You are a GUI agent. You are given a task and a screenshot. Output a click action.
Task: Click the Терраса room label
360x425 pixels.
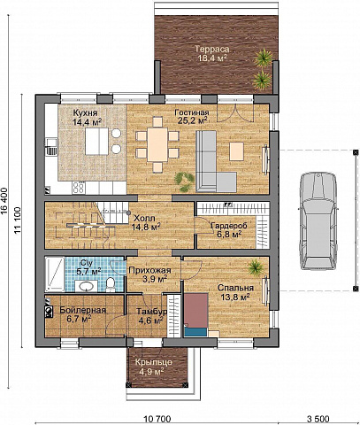(x=212, y=50)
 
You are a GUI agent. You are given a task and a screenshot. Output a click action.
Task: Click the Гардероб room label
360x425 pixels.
(x=229, y=226)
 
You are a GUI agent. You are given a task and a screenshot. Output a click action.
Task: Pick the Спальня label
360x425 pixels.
(x=235, y=288)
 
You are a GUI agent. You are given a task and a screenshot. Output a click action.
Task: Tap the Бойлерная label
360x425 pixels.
(x=82, y=310)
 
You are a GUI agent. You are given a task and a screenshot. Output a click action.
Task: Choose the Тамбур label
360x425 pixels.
(x=151, y=312)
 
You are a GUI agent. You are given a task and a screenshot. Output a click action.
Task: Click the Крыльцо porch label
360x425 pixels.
(x=154, y=362)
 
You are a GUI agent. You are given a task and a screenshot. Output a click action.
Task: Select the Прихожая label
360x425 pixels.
(x=149, y=270)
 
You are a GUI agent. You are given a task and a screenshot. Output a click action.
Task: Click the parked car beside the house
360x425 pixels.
(x=318, y=221)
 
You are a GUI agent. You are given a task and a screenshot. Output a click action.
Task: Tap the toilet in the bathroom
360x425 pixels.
(x=111, y=284)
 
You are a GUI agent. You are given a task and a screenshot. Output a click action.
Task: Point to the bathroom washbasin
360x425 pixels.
(x=86, y=286)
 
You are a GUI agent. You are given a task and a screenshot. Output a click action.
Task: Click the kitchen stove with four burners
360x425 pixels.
(x=79, y=187)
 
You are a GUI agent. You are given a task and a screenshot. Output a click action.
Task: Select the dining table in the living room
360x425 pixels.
(x=157, y=144)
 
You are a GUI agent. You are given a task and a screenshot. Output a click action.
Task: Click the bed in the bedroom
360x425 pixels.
(x=196, y=314)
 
